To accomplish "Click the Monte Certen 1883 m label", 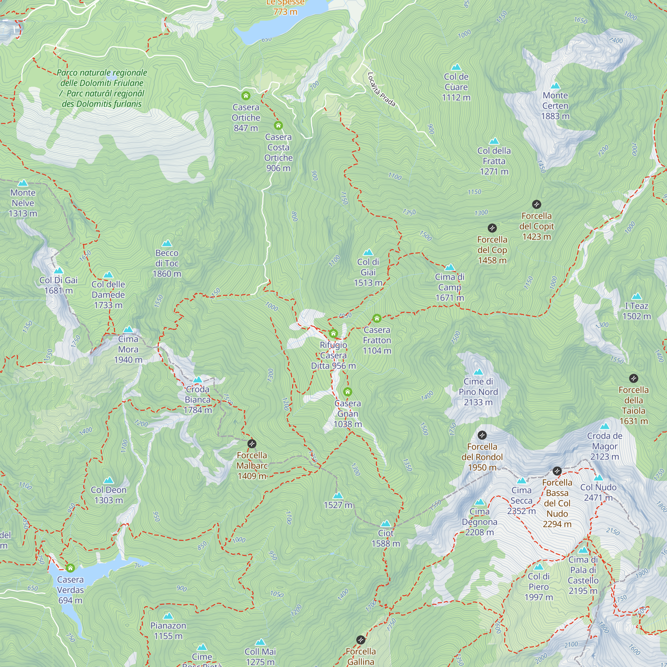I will coord(555,106).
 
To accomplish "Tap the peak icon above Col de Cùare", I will coord(456,67).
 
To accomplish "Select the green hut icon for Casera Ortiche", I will coord(245,95).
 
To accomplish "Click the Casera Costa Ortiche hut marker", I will coord(278,125).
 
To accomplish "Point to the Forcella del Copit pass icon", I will coord(536,204).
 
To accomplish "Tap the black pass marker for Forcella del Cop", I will coord(492,228).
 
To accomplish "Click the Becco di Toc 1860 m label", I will coord(167,263).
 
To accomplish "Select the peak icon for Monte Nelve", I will coord(23,183).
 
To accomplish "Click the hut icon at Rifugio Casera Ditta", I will coord(333,333).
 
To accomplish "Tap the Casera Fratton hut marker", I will coord(377,318).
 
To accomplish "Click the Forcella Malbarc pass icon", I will coord(252,444).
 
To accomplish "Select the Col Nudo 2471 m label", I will coord(598,492).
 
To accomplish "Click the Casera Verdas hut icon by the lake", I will coord(70,568).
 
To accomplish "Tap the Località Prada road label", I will coord(381,89).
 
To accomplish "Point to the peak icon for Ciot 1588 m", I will coord(386,524).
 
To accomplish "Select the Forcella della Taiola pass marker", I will coord(633,379).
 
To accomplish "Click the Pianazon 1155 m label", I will coord(168,630).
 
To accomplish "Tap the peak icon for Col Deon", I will coord(108,480).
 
